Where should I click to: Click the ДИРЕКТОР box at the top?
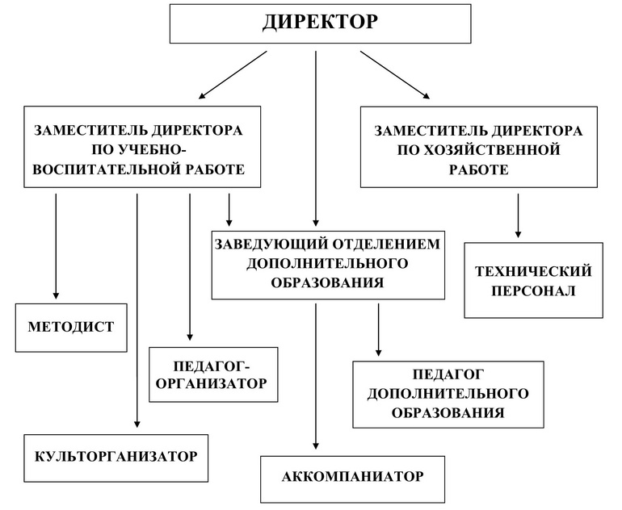(320, 23)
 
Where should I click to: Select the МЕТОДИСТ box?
(71, 328)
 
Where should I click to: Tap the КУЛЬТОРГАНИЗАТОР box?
(116, 458)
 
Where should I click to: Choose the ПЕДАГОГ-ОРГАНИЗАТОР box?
(213, 375)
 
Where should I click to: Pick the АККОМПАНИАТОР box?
(353, 479)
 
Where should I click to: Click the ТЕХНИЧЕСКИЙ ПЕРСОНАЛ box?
(533, 280)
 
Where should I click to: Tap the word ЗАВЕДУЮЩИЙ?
(271, 244)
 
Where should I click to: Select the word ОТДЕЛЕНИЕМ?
(386, 244)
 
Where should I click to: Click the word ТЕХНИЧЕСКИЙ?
(533, 271)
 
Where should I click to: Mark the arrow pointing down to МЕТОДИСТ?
(56, 246)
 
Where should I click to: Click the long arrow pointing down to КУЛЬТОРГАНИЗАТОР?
(137, 311)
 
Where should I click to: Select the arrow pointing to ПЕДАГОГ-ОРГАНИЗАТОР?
(190, 267)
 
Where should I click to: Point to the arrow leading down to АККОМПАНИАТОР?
(316, 376)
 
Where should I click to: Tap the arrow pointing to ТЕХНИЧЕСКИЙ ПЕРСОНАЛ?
(518, 215)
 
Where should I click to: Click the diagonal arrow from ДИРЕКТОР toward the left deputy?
(233, 74)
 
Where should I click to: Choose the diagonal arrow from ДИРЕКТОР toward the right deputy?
(395, 74)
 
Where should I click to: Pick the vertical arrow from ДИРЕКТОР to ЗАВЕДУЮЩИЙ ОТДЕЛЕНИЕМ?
(316, 138)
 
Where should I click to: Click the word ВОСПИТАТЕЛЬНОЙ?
(106, 169)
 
